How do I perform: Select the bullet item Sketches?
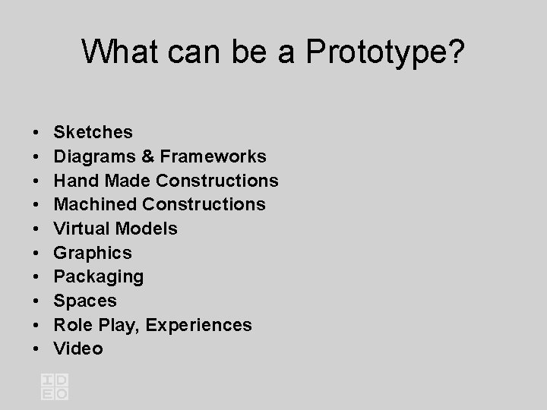point(93,132)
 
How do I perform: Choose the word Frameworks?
point(213,156)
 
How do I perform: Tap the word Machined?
point(95,204)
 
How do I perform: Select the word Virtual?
point(81,229)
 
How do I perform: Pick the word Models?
point(146,229)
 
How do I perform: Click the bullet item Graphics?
point(93,253)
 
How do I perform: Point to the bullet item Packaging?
point(99,276)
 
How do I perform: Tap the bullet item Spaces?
point(85,301)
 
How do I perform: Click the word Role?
point(74,325)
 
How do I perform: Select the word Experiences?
point(198,325)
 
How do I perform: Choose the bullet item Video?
point(78,348)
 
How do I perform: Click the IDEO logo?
point(55,386)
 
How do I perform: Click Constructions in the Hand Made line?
point(218,181)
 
